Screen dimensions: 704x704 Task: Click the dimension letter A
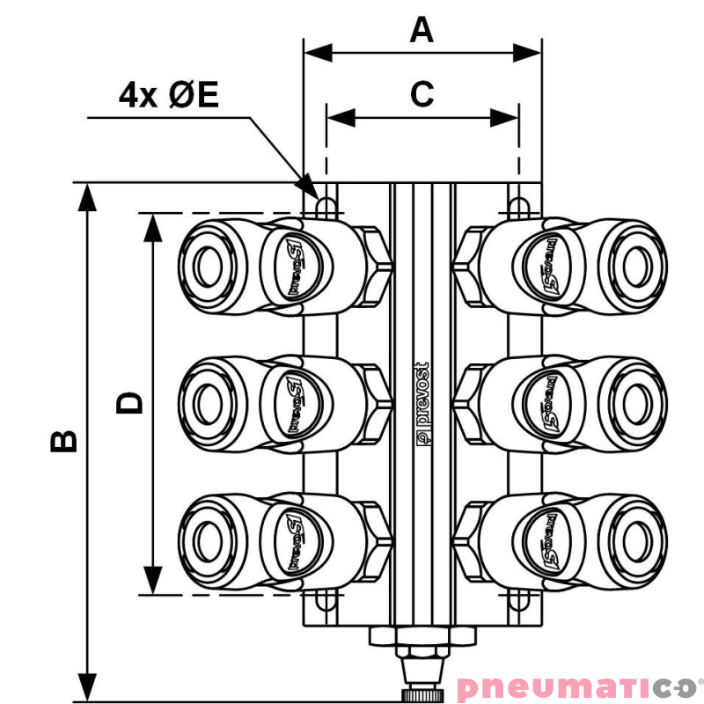422,31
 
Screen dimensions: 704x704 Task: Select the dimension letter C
422,93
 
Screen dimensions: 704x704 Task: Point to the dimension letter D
130,403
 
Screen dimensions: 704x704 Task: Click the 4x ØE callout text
169,94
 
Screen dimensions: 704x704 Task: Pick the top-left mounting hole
326,205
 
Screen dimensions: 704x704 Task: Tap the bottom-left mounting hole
326,601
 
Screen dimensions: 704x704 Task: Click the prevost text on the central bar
422,400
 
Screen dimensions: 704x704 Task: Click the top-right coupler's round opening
634,263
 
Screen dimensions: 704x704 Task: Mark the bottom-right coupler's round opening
634,539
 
